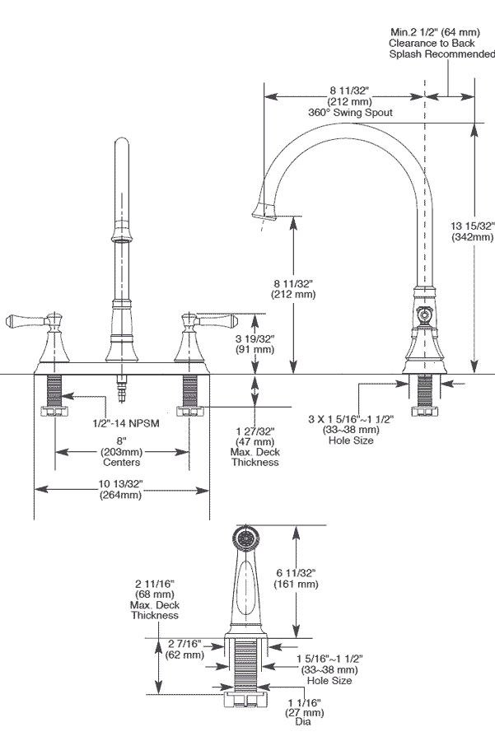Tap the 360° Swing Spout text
(x=350, y=112)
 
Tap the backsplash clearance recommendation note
(x=441, y=43)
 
